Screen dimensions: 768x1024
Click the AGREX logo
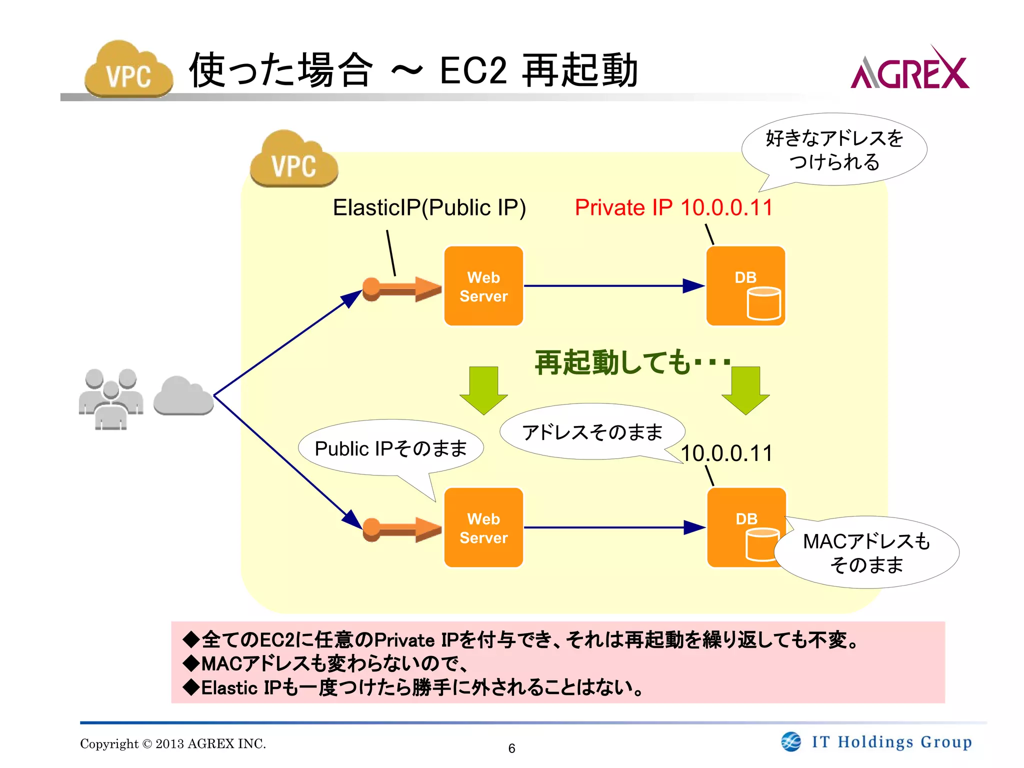click(x=909, y=70)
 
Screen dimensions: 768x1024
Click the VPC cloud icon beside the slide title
click(x=128, y=70)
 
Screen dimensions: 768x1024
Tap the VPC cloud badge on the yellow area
click(x=294, y=160)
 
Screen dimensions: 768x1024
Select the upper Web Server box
click(x=483, y=286)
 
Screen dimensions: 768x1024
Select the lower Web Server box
click(x=483, y=527)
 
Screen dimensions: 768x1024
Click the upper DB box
click(x=745, y=286)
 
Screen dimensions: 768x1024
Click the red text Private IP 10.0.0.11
click(x=673, y=207)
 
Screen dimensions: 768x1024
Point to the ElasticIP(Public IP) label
click(x=429, y=207)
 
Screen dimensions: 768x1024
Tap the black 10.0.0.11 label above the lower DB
click(x=726, y=453)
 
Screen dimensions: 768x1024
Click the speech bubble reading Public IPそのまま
click(x=390, y=447)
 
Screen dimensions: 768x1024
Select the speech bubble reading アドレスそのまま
click(x=592, y=431)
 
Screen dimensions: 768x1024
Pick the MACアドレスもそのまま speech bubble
click(x=866, y=552)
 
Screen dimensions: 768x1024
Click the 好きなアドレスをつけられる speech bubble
click(x=834, y=149)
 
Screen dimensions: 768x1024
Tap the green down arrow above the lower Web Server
click(x=483, y=390)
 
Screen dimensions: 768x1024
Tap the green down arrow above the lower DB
click(x=745, y=390)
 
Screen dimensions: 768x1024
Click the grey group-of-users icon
click(x=111, y=398)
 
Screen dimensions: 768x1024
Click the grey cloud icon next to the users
click(x=183, y=396)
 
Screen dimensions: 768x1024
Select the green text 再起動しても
click(x=612, y=362)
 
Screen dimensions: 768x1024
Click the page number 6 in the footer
click(x=511, y=748)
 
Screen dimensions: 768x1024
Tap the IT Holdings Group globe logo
click(x=791, y=741)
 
